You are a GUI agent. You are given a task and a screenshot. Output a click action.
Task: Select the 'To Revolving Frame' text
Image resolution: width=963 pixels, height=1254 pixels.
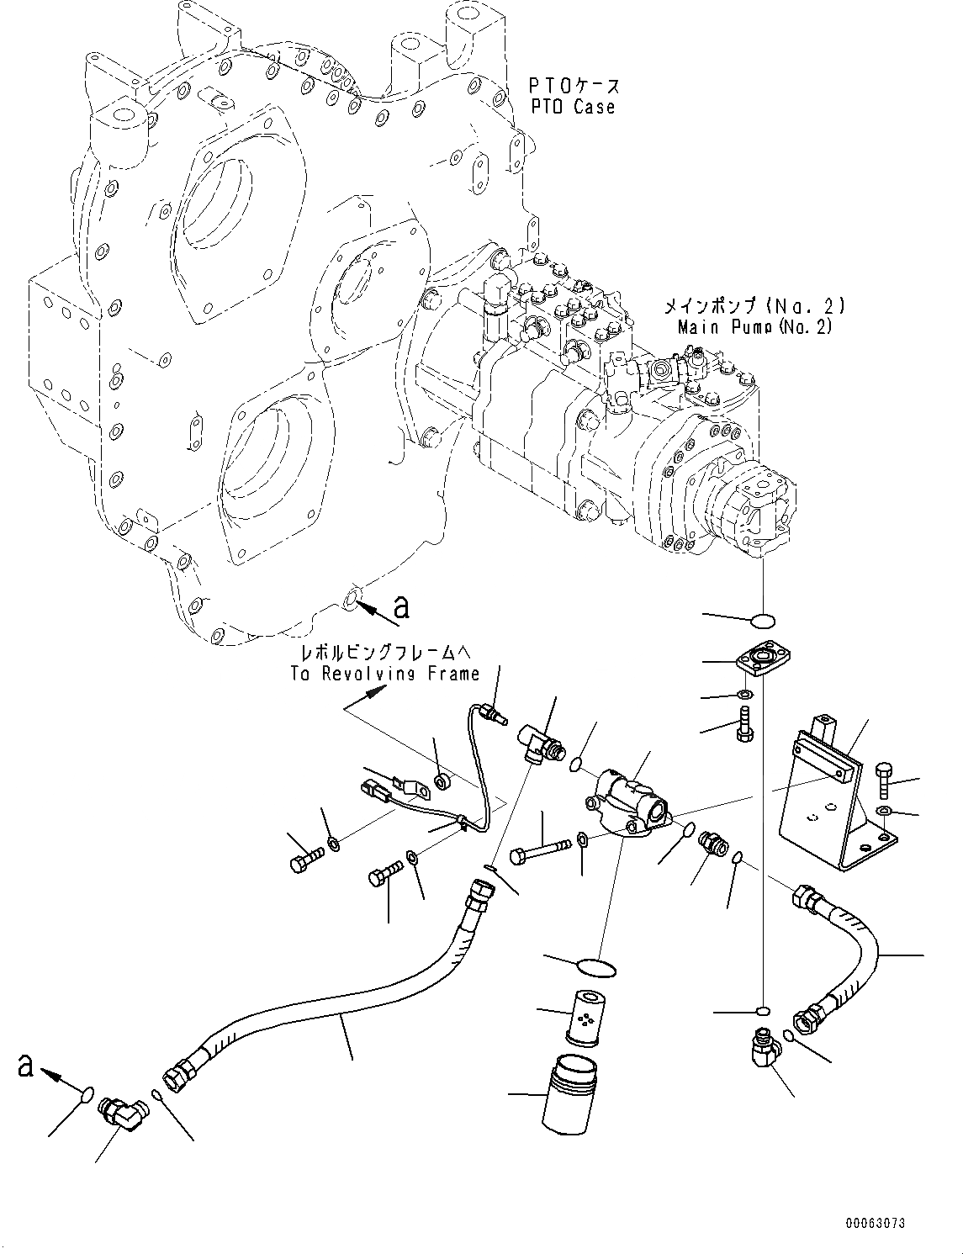(x=385, y=673)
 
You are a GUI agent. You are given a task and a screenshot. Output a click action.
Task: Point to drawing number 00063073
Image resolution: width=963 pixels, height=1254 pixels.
(x=876, y=1224)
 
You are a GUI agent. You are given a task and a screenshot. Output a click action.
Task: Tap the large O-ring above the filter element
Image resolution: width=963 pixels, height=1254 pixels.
(x=598, y=966)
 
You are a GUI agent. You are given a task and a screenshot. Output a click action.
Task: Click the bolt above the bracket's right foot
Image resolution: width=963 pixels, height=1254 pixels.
(x=884, y=780)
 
